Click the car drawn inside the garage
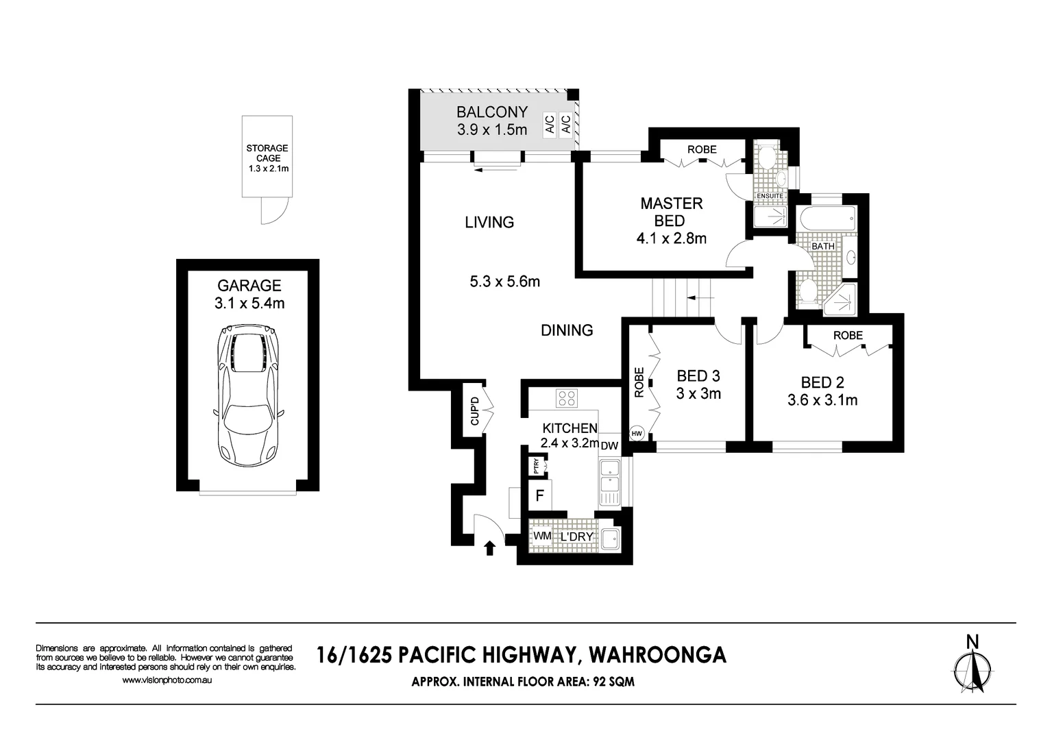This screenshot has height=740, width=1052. [248, 395]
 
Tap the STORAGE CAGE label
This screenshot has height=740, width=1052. [267, 153]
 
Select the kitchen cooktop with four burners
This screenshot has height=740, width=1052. [566, 398]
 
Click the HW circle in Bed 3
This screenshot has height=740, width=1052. [637, 434]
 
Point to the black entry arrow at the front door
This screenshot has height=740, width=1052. [490, 548]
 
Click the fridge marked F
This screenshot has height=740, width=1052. [540, 495]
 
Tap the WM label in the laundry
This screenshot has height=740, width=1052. [542, 536]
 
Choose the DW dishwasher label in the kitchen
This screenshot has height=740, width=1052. [609, 446]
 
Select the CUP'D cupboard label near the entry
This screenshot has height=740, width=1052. [474, 411]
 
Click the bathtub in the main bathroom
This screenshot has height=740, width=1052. [826, 220]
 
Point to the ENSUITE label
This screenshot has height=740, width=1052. [770, 196]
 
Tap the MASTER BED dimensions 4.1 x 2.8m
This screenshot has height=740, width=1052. [671, 238]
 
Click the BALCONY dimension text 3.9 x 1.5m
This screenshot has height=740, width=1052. [492, 129]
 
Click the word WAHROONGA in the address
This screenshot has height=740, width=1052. [657, 655]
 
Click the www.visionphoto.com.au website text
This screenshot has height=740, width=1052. [167, 680]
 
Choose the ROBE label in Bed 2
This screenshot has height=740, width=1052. [848, 336]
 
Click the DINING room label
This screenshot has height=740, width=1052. [567, 330]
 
